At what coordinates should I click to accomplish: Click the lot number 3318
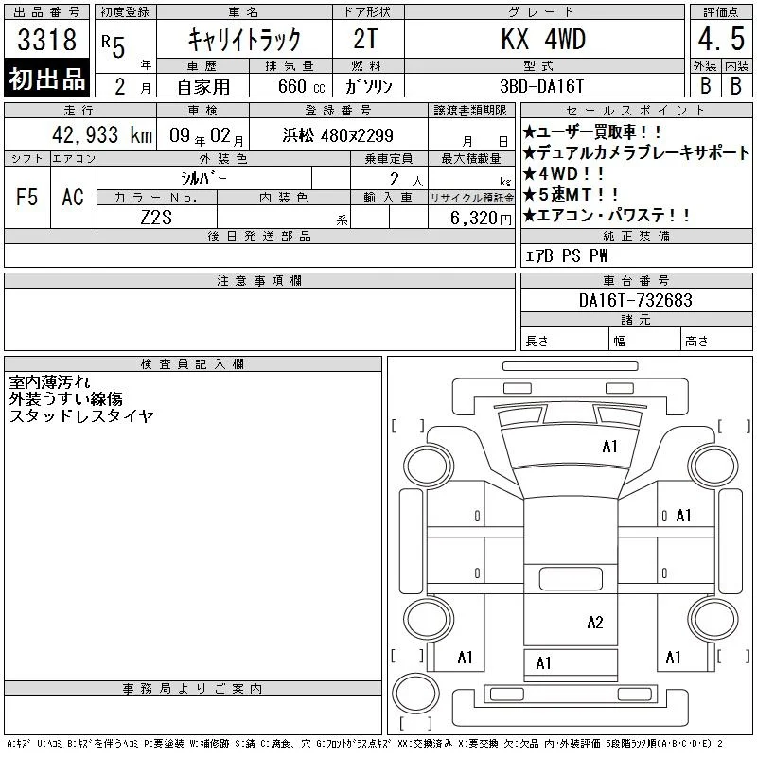click(46, 39)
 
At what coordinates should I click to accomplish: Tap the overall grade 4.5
click(721, 39)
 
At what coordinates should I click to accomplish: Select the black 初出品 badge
click(46, 79)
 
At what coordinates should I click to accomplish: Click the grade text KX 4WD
click(543, 39)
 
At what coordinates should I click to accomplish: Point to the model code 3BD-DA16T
click(541, 86)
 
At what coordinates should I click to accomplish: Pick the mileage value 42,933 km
click(102, 134)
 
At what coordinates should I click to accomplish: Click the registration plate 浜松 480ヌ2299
click(338, 135)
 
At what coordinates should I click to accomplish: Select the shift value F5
click(27, 197)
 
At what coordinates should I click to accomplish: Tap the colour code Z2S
click(156, 218)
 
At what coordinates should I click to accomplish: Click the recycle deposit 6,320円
click(481, 219)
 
